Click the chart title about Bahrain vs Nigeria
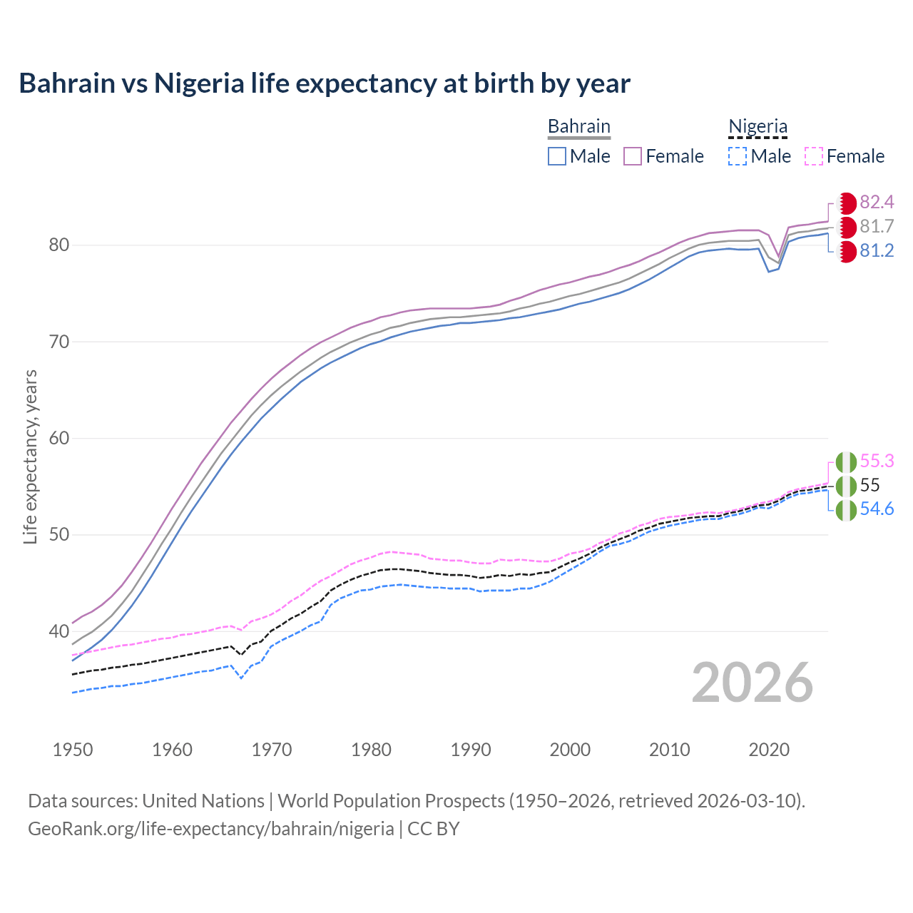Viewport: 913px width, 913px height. tap(325, 83)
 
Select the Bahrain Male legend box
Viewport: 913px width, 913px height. tap(557, 156)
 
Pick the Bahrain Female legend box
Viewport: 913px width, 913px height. tap(633, 156)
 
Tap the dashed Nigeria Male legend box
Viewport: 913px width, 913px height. tap(738, 156)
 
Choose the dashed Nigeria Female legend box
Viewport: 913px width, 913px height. tap(814, 156)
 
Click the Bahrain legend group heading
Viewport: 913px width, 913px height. tap(578, 126)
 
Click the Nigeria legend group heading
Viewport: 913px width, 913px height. tap(758, 126)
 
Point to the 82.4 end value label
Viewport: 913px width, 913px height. tap(877, 203)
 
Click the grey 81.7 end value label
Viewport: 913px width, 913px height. tap(877, 227)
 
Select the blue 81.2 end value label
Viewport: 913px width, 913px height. tap(877, 251)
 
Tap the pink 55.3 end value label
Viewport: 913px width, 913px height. tap(877, 461)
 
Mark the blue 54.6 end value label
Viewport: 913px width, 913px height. tap(877, 509)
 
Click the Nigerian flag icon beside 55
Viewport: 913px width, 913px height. tap(846, 486)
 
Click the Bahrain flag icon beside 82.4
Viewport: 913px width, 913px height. tap(847, 203)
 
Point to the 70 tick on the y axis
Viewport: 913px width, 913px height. tap(59, 342)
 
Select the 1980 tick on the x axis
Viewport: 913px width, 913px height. tap(371, 750)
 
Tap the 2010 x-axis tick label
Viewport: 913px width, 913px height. tap(669, 750)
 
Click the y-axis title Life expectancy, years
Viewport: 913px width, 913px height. tap(31, 456)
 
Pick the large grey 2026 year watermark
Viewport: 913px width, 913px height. tap(752, 683)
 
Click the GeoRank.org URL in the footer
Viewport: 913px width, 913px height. tap(211, 829)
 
